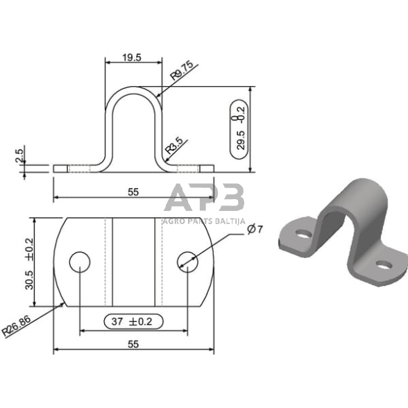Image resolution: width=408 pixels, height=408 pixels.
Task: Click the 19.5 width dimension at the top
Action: click(132, 58)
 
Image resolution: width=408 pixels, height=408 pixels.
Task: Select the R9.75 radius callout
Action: click(182, 70)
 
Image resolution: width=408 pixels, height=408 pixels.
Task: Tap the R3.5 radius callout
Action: click(175, 146)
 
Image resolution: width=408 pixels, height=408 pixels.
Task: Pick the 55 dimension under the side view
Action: click(133, 192)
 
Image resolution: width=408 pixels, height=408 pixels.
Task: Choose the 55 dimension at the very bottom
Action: click(133, 344)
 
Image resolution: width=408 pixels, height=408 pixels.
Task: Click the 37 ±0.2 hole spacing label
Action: click(132, 322)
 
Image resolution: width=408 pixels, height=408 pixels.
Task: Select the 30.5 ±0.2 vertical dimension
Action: click(29, 264)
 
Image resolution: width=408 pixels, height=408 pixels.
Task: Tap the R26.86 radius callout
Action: click(17, 325)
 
